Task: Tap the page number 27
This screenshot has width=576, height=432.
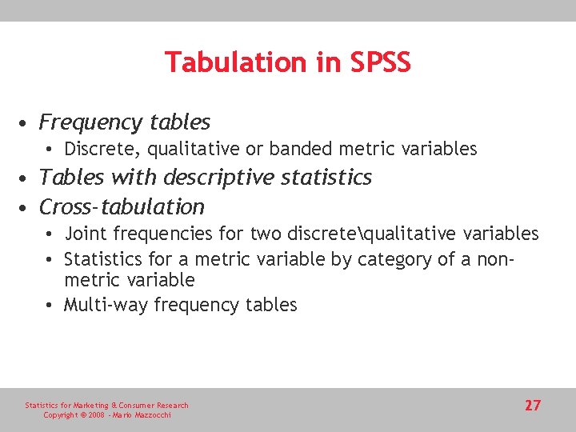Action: pos(533,406)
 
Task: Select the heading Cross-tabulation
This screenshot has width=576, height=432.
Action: pos(122,206)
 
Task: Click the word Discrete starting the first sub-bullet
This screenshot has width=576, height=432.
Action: pos(98,149)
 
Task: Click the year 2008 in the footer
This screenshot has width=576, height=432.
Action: pos(97,415)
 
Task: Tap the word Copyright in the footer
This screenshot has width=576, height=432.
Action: pos(60,415)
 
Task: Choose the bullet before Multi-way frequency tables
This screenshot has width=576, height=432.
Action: pos(50,306)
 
